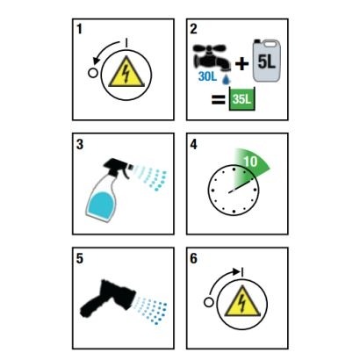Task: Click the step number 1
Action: [80, 29]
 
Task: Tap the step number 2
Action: [194, 29]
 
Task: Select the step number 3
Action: [80, 144]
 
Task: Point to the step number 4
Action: [194, 144]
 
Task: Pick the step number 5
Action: [80, 258]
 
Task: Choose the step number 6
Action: [194, 258]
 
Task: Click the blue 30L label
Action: [207, 76]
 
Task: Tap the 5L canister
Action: [267, 61]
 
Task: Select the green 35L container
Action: [241, 99]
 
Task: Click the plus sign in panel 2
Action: [242, 64]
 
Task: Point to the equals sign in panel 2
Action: [219, 99]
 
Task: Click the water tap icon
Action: [212, 57]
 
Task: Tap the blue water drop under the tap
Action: [227, 79]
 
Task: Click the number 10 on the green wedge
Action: [250, 162]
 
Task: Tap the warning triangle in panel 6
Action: [242, 301]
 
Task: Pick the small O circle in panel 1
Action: [93, 73]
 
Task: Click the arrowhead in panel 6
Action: [236, 271]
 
